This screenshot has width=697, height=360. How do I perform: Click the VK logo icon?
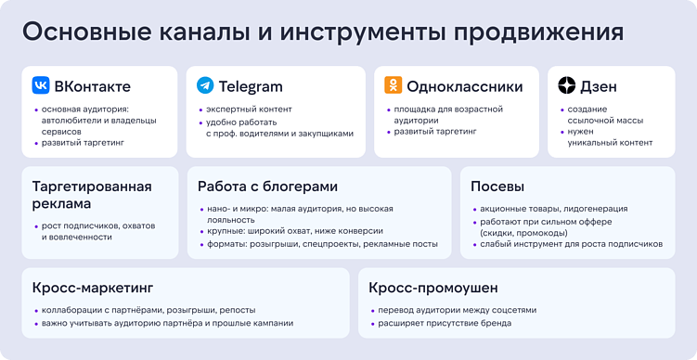tap(41, 86)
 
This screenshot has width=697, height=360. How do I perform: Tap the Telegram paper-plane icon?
tap(204, 86)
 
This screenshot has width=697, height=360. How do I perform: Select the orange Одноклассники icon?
tap(393, 86)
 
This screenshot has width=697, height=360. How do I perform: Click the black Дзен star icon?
tap(566, 86)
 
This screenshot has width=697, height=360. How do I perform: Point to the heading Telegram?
tap(251, 87)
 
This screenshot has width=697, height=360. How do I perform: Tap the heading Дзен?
tap(599, 87)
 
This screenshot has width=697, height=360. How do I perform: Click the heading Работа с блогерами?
tap(267, 186)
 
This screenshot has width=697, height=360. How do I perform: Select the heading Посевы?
tap(497, 186)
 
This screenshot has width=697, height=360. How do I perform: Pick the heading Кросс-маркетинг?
tap(92, 288)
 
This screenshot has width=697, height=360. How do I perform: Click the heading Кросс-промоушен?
tap(432, 288)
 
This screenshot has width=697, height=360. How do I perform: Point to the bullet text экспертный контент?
tap(249, 109)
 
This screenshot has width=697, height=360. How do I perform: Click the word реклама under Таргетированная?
tap(61, 204)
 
